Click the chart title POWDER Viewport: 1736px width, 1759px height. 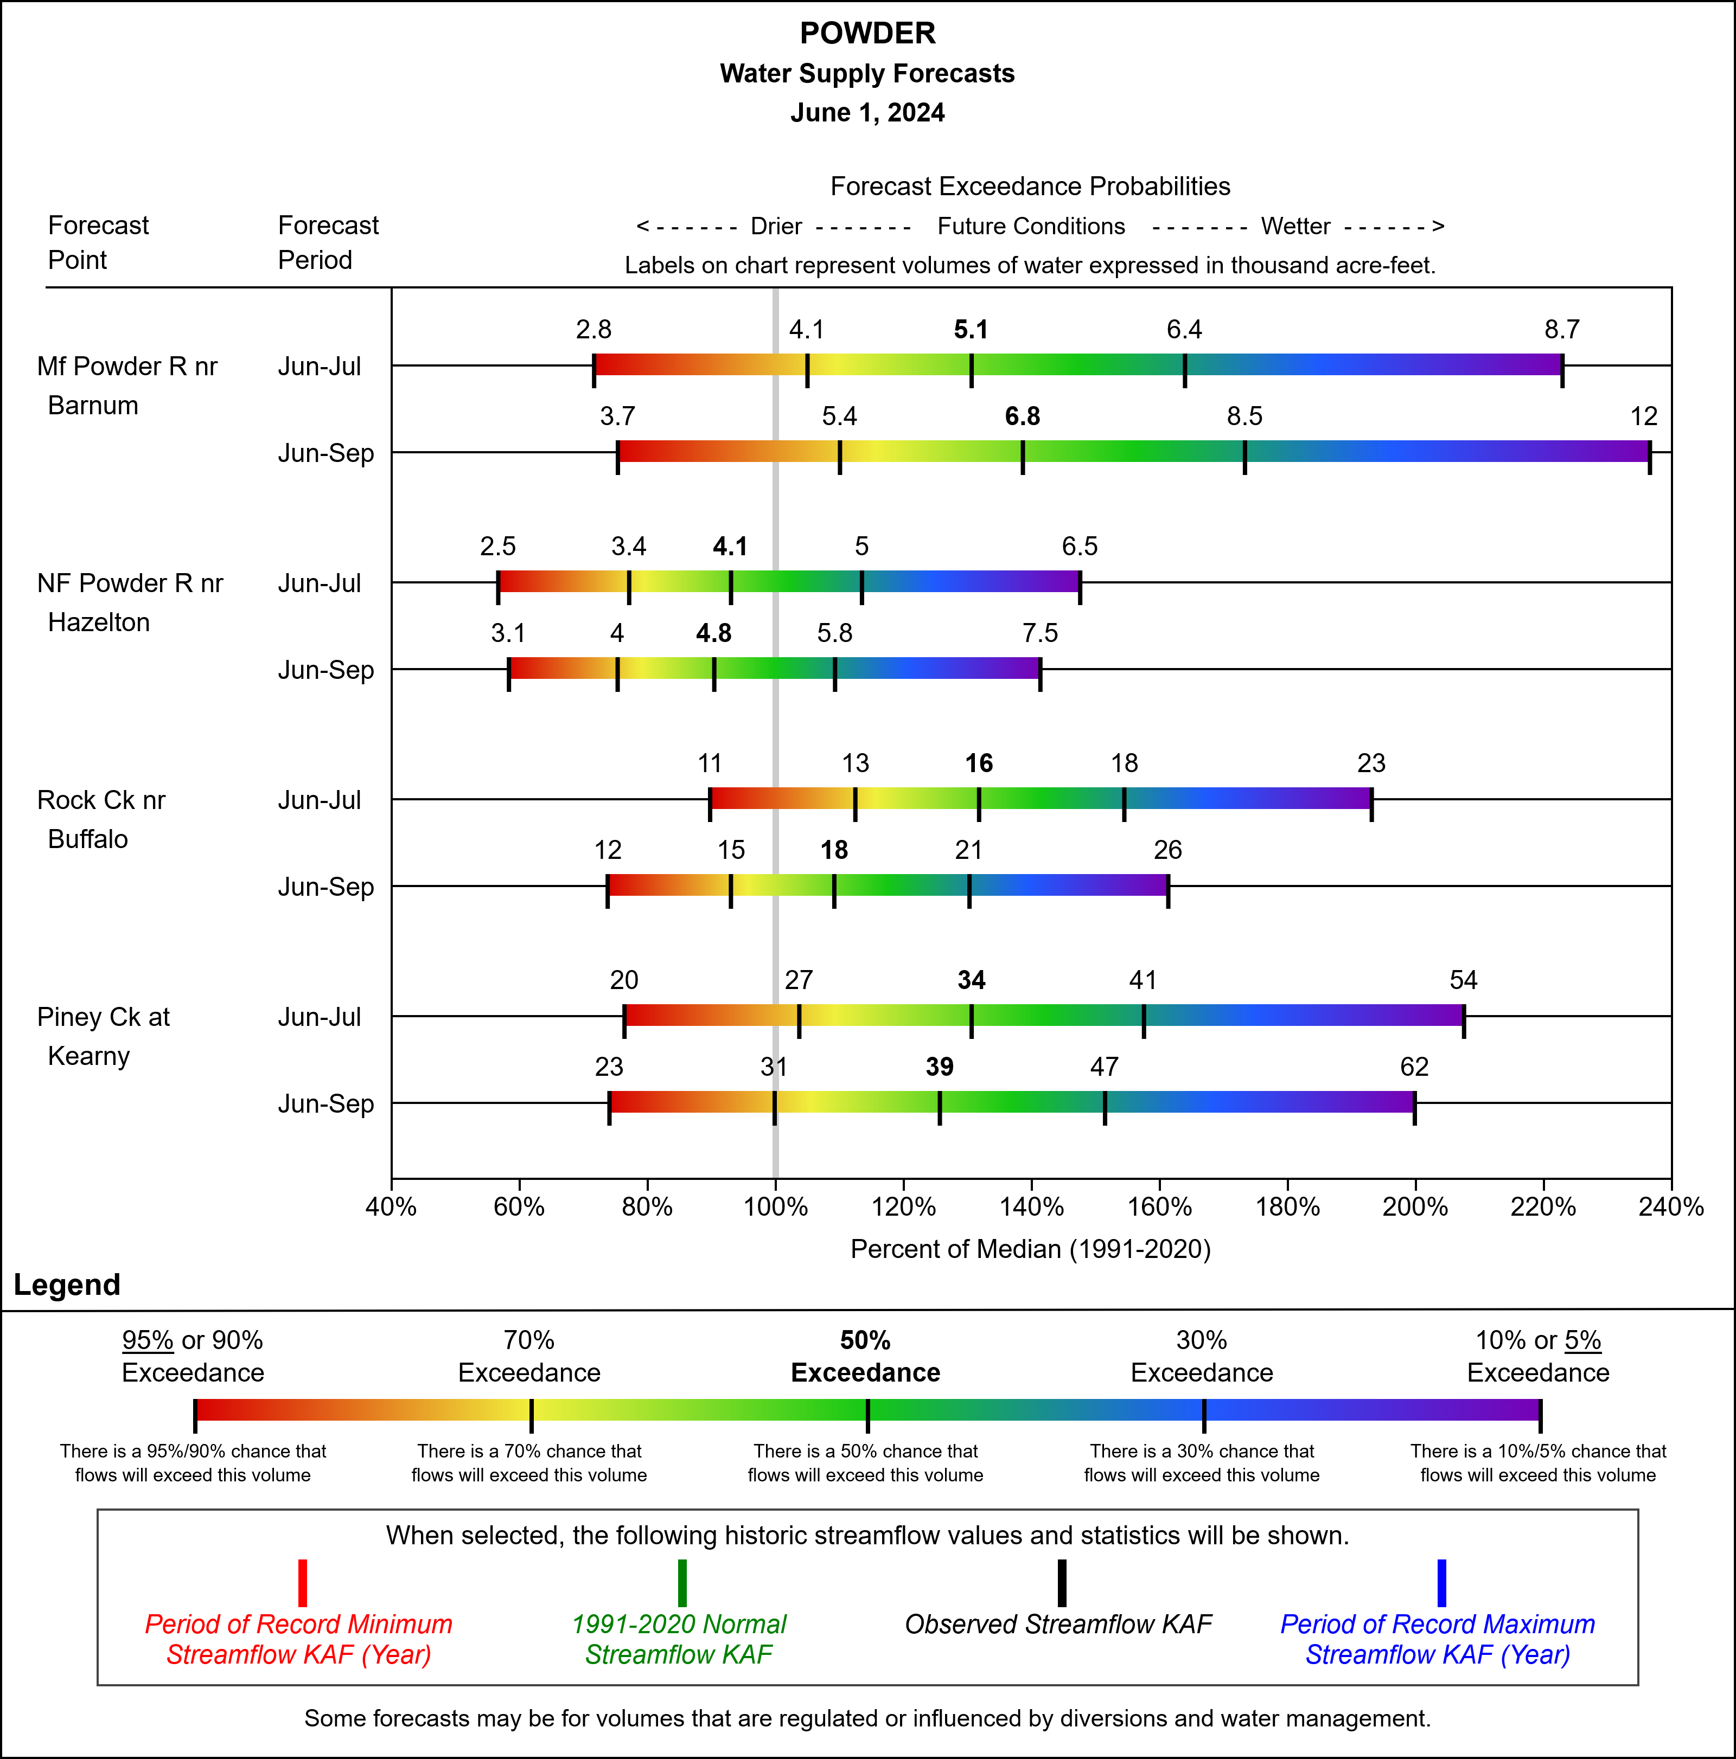click(x=867, y=34)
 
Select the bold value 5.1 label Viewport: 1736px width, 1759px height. click(x=971, y=330)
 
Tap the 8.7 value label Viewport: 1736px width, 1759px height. click(x=1561, y=330)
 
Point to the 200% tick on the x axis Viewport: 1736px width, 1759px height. click(x=1414, y=1207)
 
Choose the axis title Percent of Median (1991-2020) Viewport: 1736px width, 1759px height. click(x=1030, y=1249)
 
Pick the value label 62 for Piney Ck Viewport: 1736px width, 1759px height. click(x=1414, y=1067)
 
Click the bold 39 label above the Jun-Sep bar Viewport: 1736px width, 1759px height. click(x=939, y=1067)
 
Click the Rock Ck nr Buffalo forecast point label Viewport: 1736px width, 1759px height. click(x=101, y=819)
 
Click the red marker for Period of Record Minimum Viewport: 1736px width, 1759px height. click(x=302, y=1583)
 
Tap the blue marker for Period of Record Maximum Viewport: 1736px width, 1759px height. click(x=1441, y=1583)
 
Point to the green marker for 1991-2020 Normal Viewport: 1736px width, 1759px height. click(x=681, y=1583)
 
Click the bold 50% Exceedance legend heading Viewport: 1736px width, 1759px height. click(x=865, y=1357)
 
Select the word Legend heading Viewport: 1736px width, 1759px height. click(x=67, y=1285)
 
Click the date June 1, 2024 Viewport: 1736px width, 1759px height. click(x=867, y=113)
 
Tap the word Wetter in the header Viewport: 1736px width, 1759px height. click(x=1295, y=227)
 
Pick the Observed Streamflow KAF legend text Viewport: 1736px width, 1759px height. click(x=1058, y=1624)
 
